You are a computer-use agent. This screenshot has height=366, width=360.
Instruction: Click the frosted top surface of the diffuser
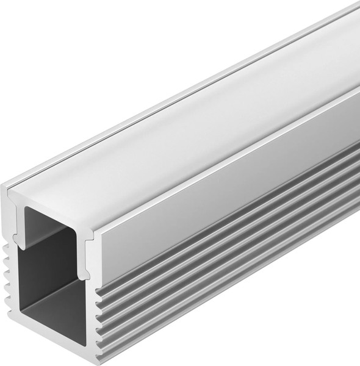pos(183,134)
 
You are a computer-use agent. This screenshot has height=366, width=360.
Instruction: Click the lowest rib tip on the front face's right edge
pos(98,342)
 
